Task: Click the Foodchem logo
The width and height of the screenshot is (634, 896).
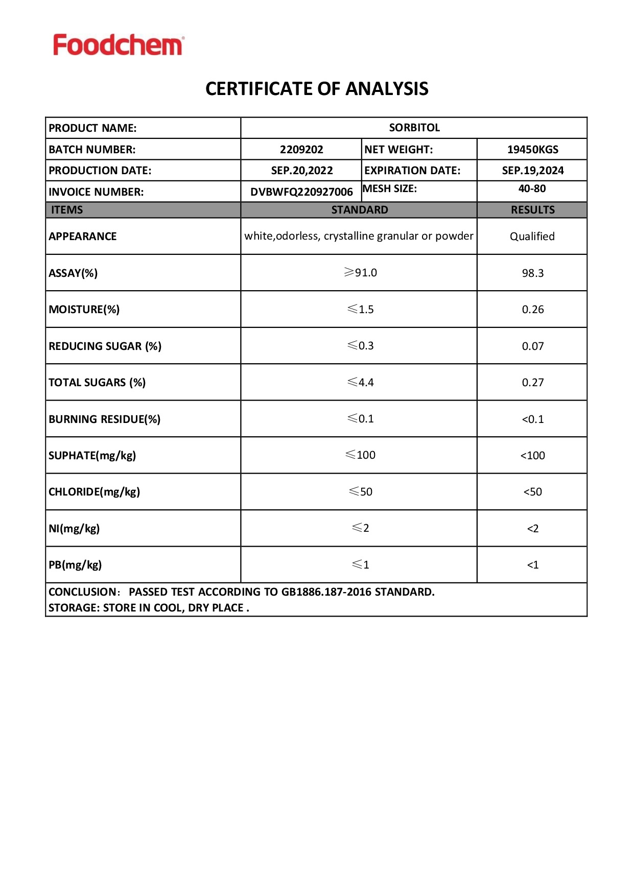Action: (x=119, y=45)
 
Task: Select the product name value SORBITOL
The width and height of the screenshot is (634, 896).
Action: (x=414, y=128)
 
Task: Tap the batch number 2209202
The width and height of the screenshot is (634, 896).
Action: (x=301, y=150)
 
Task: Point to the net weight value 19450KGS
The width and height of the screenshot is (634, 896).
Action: (x=532, y=150)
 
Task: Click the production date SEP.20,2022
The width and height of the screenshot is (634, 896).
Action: (x=301, y=171)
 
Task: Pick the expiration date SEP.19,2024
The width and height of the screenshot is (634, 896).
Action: (x=532, y=171)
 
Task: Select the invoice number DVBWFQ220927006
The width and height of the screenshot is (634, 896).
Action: (x=301, y=192)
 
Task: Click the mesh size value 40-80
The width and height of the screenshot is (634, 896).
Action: (x=532, y=189)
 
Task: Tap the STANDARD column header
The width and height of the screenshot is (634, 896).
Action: (x=359, y=210)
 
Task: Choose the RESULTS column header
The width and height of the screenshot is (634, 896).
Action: (x=532, y=210)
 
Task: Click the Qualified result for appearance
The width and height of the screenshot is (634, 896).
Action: (x=532, y=237)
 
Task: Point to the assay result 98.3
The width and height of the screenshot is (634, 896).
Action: (x=532, y=273)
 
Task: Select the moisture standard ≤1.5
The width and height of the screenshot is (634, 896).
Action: (x=360, y=310)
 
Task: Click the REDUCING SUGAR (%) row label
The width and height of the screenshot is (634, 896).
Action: (x=105, y=346)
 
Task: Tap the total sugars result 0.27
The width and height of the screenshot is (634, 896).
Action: (x=532, y=383)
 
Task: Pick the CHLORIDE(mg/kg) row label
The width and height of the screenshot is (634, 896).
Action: (x=94, y=492)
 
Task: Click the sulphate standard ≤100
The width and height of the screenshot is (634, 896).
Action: (x=360, y=455)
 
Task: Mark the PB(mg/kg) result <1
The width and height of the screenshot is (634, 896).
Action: (x=532, y=565)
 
